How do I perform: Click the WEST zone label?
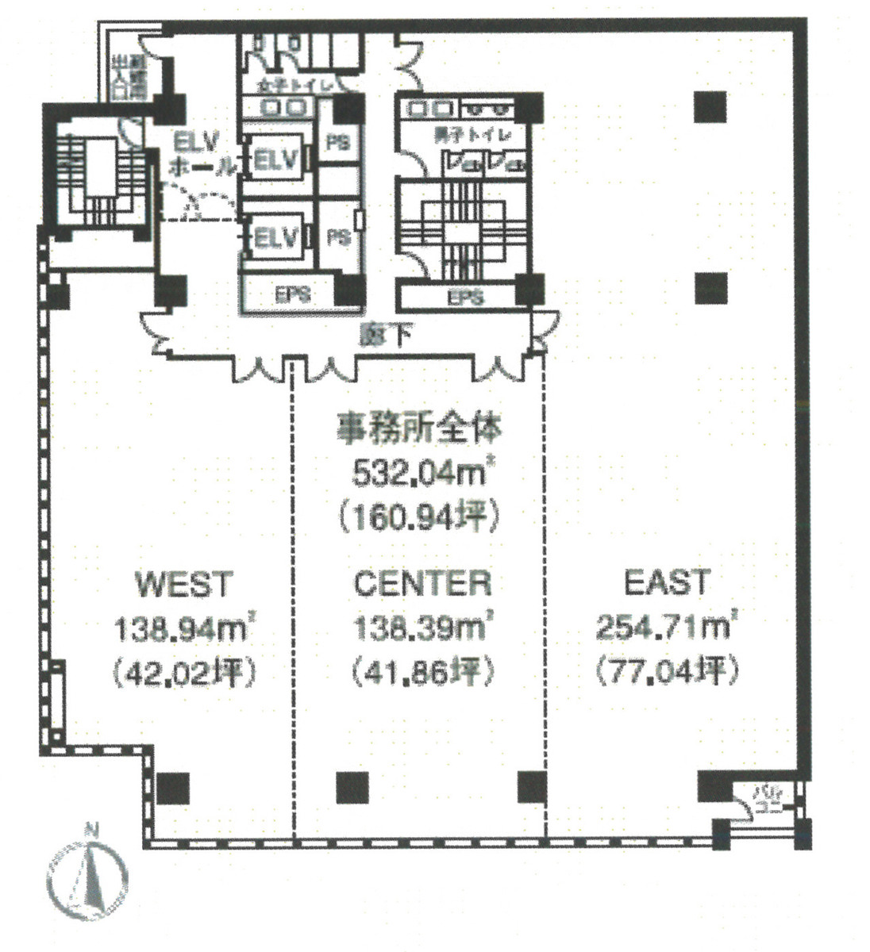click(x=184, y=585)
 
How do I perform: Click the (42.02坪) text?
click(x=184, y=674)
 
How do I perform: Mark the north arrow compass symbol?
click(x=87, y=874)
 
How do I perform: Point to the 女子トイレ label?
click(x=288, y=84)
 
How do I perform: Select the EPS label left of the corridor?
click(x=292, y=295)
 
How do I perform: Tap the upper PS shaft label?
click(x=337, y=144)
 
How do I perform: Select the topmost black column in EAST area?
click(x=710, y=106)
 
